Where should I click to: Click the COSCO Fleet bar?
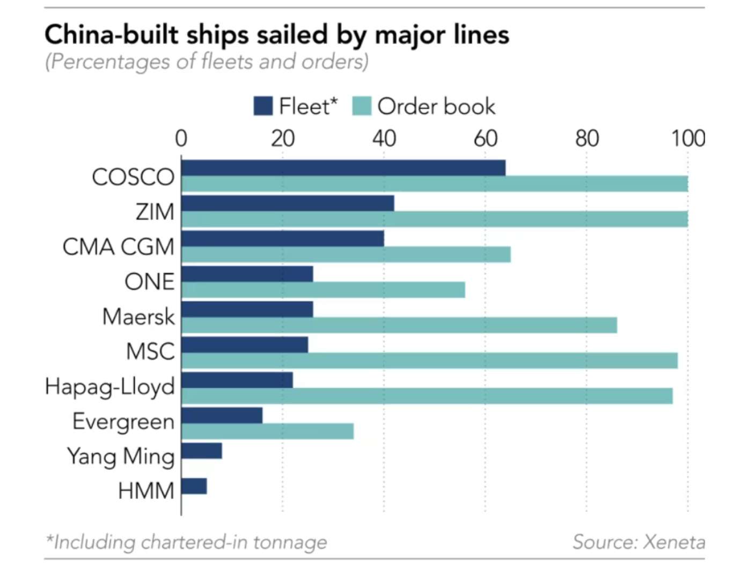point(343,168)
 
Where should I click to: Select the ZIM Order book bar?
point(435,219)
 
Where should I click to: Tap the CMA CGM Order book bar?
point(346,254)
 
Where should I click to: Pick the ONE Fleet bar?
point(247,274)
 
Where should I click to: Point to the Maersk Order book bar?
point(399,325)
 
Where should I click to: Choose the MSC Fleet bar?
point(245,345)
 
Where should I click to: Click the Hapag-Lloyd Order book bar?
point(427,396)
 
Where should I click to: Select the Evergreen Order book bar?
point(268,431)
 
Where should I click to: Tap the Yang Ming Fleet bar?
point(202,451)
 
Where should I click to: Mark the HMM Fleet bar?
point(194,486)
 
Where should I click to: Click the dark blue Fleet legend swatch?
point(263,106)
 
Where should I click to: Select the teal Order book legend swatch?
point(362,106)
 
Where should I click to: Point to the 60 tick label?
point(485,138)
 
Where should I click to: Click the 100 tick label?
point(687,138)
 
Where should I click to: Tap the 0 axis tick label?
point(181,138)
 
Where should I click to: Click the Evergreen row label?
point(123,422)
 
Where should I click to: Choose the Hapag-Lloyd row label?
point(110,387)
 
